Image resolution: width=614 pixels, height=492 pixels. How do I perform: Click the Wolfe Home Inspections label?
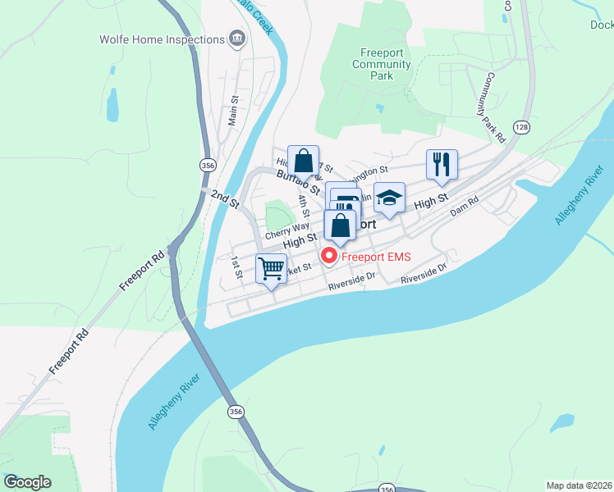(x=162, y=39)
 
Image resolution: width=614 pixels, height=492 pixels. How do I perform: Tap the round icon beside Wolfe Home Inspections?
(x=237, y=38)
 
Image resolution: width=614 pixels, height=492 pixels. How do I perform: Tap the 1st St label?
(x=235, y=266)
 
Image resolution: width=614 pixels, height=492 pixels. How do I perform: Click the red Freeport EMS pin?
(x=328, y=256)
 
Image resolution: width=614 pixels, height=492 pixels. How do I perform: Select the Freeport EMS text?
(x=377, y=257)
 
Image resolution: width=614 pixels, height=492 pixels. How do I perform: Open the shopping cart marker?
(x=271, y=268)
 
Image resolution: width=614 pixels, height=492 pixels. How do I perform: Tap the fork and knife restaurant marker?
(x=442, y=164)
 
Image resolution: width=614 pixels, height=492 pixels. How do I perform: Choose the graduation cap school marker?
(x=390, y=198)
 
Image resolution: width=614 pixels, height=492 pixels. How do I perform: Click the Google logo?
(x=27, y=482)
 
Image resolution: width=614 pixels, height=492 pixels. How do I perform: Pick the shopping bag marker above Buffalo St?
(x=303, y=160)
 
